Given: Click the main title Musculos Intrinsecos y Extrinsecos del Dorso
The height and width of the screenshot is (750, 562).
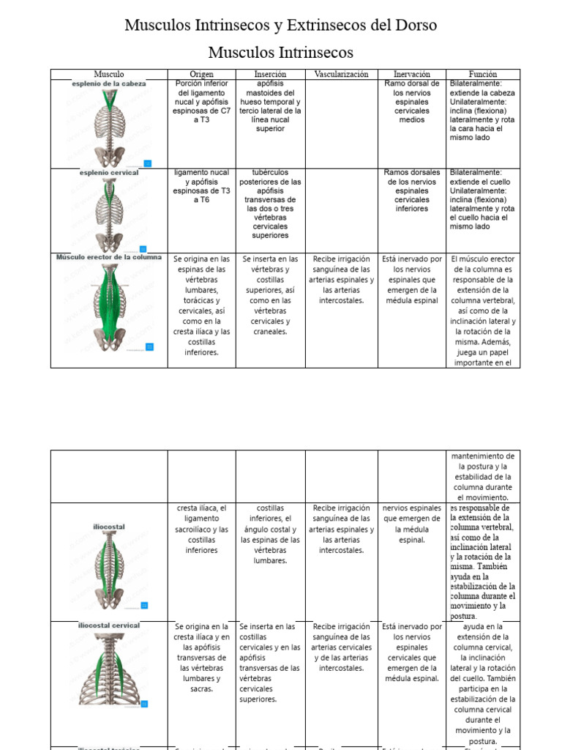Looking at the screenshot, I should (280, 26).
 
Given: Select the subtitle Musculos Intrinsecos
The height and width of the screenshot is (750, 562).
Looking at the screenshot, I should (280, 53).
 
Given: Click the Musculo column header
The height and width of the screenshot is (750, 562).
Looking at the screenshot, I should (109, 74).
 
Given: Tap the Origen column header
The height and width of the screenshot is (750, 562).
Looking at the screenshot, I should (202, 74).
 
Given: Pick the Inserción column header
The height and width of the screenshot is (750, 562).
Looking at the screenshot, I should (270, 74).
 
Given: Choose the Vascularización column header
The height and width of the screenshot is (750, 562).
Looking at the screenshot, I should (341, 74).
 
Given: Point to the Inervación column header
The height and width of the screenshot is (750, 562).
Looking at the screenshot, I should (412, 74).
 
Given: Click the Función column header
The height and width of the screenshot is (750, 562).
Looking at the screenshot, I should (483, 74).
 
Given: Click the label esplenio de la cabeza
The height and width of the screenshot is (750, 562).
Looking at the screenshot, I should (109, 84).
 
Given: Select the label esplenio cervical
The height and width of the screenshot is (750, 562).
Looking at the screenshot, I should (109, 173).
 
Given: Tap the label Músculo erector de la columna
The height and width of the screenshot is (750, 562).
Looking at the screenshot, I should (109, 258).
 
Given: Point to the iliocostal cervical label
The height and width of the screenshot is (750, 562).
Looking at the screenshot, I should (109, 626).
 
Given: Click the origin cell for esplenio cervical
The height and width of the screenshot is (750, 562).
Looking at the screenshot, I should (202, 186).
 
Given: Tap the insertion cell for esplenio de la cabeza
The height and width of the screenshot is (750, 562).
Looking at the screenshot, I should (270, 106).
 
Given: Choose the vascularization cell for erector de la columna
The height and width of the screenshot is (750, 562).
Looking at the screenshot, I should (341, 280).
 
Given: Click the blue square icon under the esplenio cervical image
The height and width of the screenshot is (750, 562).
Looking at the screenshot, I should (143, 249).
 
